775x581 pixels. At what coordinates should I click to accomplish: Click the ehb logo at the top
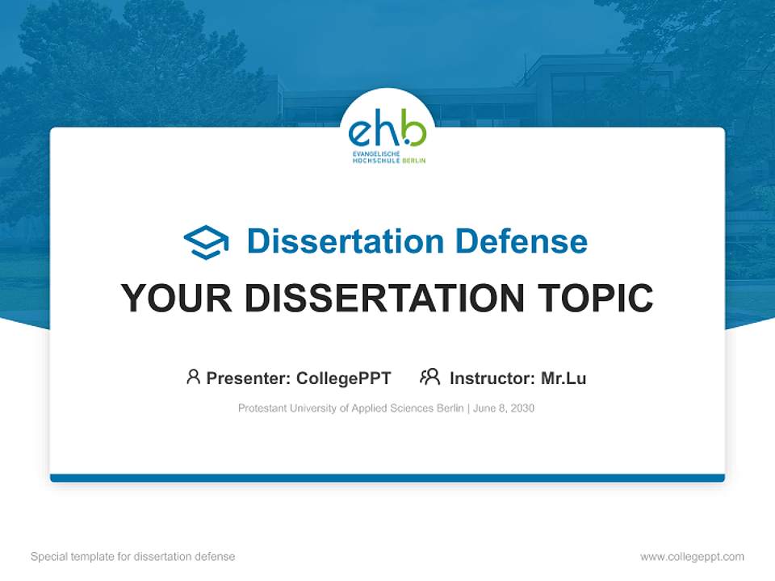[387, 134]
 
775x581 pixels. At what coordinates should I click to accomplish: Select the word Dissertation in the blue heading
[345, 241]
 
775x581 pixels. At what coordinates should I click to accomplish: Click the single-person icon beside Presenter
[193, 377]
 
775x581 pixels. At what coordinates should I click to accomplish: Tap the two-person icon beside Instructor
[429, 377]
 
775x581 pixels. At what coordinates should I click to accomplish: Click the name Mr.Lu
[563, 378]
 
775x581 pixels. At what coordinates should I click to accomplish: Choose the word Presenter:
[248, 378]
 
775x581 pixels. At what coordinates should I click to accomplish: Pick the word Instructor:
[492, 378]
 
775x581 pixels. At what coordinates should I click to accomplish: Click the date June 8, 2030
[504, 408]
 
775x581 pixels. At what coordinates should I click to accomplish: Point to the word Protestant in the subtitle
[262, 408]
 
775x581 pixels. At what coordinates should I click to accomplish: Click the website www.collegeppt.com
[692, 557]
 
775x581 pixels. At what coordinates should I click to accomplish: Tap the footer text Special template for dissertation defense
[133, 557]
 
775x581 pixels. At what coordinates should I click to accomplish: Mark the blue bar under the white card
[387, 478]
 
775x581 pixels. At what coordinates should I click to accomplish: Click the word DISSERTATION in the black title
[384, 298]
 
